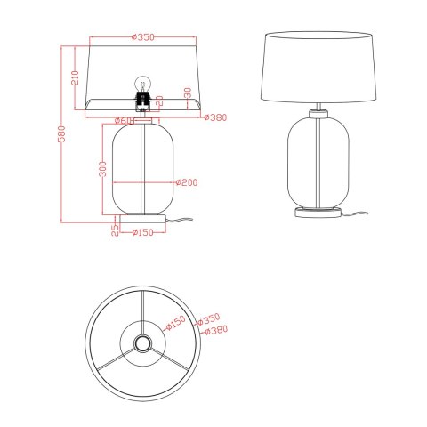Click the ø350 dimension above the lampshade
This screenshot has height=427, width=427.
pyautogui.click(x=143, y=36)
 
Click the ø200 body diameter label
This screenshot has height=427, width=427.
pyautogui.click(x=186, y=182)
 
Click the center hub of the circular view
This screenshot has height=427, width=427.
pyautogui.click(x=141, y=343)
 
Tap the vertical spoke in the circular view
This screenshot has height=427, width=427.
pyautogui.click(x=141, y=311)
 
